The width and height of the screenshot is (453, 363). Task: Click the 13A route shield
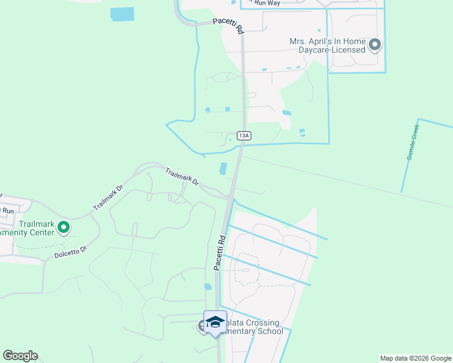(x=243, y=136)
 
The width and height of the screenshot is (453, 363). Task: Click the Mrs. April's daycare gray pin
(x=375, y=45)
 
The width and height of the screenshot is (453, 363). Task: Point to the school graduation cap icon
(x=215, y=321)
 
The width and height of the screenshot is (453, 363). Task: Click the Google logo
(x=20, y=356)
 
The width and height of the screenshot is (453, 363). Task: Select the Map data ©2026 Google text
(x=415, y=358)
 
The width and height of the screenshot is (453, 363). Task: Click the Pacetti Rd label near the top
(x=228, y=25)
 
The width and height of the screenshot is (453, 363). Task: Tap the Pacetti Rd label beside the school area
(x=219, y=252)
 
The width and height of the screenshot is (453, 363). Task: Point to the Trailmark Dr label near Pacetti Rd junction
(x=182, y=177)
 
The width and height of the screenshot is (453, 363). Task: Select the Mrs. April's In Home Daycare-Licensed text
(x=328, y=45)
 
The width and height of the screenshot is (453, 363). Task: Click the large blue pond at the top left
(x=122, y=14)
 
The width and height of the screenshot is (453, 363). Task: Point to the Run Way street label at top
(x=268, y=3)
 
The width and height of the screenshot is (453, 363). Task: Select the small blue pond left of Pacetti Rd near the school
(x=208, y=287)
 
